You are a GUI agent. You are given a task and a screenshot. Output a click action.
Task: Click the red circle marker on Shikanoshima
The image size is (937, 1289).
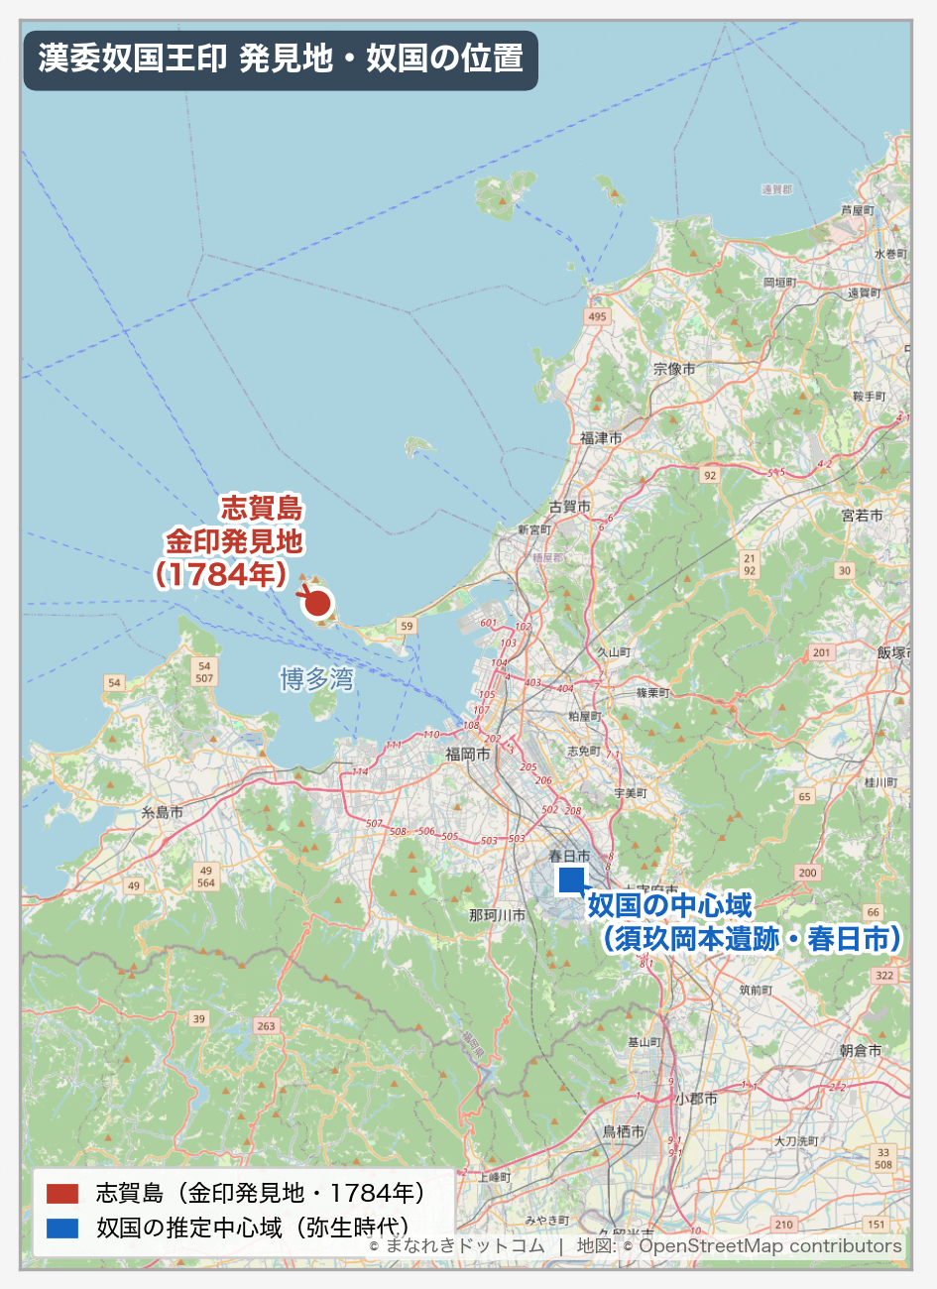[x=317, y=602]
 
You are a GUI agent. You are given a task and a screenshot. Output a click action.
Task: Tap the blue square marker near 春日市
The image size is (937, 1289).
[x=571, y=879]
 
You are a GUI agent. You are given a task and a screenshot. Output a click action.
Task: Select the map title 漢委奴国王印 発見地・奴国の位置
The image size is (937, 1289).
[x=281, y=59]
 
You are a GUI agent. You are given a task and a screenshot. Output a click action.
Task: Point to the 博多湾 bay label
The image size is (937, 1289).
[x=316, y=679]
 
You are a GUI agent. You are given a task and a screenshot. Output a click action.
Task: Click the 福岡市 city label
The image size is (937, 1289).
[x=467, y=754]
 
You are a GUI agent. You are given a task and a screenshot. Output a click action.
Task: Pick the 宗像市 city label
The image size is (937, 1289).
[x=674, y=369]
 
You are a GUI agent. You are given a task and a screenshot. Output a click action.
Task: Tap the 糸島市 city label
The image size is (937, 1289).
[x=162, y=812]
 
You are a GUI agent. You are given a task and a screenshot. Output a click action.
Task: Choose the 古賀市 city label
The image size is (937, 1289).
[x=569, y=507]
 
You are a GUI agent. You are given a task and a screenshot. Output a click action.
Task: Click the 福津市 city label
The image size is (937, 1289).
[x=601, y=438]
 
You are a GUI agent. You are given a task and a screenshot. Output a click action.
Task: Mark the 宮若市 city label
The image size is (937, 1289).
[x=862, y=516]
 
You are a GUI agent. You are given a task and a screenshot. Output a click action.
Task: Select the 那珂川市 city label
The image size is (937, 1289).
[x=498, y=915]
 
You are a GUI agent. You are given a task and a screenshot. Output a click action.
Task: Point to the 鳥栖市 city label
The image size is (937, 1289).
[x=624, y=1131]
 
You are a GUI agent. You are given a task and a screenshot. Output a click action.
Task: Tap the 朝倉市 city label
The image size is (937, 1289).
[x=860, y=1051]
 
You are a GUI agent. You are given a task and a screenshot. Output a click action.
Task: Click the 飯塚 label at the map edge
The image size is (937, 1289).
[x=891, y=652]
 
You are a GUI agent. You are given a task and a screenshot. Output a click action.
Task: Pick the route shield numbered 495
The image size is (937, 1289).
[x=596, y=316]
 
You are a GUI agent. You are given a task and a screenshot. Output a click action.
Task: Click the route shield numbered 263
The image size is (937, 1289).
[x=266, y=1025]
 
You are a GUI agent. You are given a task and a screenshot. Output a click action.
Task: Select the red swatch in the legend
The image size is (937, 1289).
[x=62, y=1193]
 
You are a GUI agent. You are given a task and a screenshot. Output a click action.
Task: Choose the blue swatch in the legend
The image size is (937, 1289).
[x=62, y=1229]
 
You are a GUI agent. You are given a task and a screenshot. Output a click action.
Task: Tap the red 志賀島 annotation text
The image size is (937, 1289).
[x=262, y=509]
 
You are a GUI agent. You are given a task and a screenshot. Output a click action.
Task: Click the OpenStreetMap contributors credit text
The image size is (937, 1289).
[x=769, y=1246]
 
